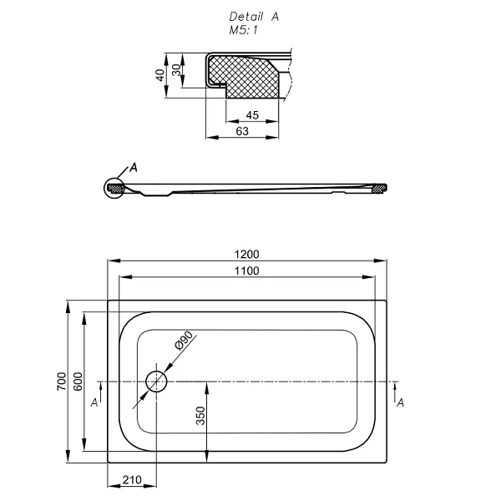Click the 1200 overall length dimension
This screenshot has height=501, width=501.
(249, 255)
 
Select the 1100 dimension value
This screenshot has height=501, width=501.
(247, 270)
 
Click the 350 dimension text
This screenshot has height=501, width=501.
(200, 415)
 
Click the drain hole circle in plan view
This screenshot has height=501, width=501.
(156, 382)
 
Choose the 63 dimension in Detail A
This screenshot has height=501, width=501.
(242, 131)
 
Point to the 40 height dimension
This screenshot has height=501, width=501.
(159, 74)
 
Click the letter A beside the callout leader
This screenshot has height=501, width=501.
(134, 167)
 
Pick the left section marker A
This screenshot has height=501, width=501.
(94, 402)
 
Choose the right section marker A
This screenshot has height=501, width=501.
(401, 402)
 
